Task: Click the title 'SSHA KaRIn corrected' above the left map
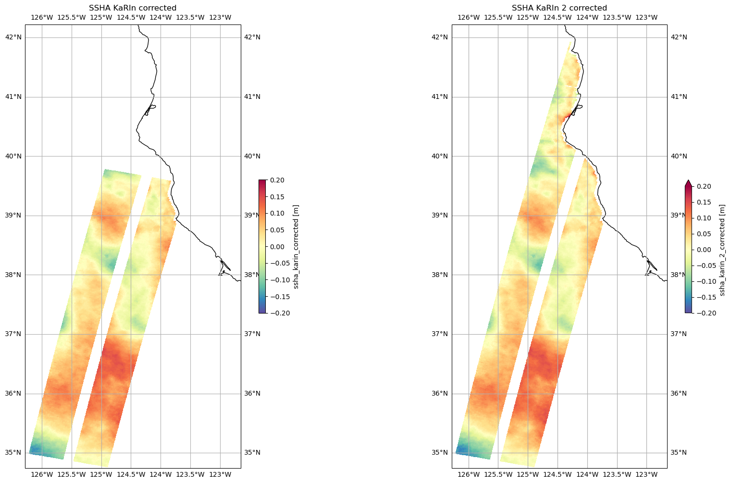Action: pyautogui.click(x=133, y=8)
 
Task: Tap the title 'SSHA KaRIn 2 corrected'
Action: pyautogui.click(x=559, y=8)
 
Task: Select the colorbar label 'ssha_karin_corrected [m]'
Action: pyautogui.click(x=296, y=247)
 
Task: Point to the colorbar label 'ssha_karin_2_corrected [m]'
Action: pyautogui.click(x=722, y=250)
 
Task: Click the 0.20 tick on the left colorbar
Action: pyautogui.click(x=277, y=180)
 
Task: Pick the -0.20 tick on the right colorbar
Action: pyautogui.click(x=703, y=313)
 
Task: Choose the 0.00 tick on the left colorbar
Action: pyautogui.click(x=277, y=247)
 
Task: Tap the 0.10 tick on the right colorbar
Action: pyautogui.click(x=703, y=218)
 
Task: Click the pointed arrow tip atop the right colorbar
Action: pyautogui.click(x=688, y=182)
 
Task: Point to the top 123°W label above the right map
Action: pyautogui.click(x=646, y=18)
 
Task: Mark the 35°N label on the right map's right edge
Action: pyautogui.click(x=679, y=453)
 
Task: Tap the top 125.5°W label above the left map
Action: pyautogui.click(x=72, y=18)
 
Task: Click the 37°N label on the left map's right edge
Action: pyautogui.click(x=252, y=334)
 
